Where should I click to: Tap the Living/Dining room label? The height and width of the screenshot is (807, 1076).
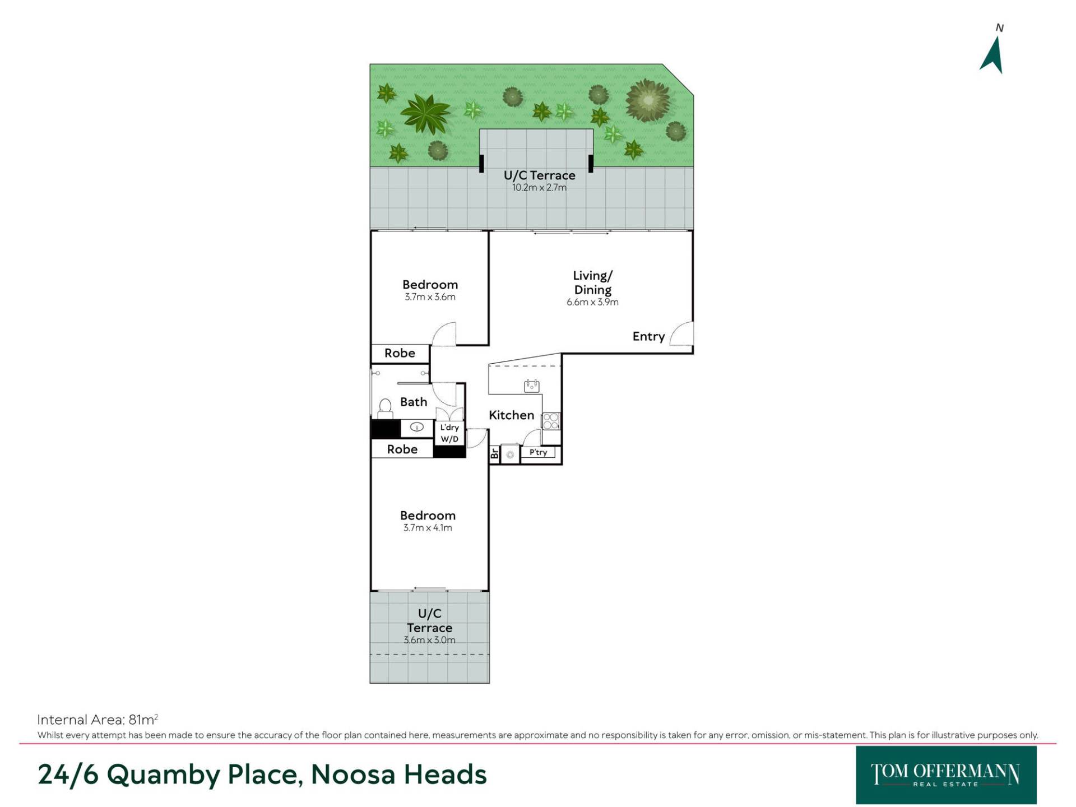(592, 282)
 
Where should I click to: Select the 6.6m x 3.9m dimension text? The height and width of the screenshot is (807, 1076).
(592, 302)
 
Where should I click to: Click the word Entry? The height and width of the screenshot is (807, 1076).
(648, 336)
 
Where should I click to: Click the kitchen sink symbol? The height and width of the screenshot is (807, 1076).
(531, 386)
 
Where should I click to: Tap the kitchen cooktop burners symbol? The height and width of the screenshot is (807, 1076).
(551, 421)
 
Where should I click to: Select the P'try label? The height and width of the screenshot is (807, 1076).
(538, 452)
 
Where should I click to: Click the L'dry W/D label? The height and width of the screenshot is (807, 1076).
(449, 433)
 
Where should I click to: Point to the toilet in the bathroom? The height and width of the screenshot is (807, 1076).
(385, 409)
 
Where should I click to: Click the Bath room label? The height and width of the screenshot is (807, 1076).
(414, 402)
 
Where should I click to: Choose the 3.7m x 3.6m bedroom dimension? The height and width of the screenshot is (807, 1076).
(430, 297)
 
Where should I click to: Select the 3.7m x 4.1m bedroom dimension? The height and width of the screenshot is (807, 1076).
(428, 528)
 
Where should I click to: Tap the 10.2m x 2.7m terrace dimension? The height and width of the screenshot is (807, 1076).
(539, 188)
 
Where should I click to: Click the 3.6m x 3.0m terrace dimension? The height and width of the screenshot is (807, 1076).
(429, 640)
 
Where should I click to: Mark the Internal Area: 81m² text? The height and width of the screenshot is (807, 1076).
(98, 720)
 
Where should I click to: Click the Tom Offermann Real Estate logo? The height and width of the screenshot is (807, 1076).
(946, 775)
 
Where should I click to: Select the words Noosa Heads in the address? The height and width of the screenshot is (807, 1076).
(398, 774)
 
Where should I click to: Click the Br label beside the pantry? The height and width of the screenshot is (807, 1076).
(494, 453)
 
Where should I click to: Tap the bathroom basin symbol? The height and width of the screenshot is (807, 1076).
(417, 428)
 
